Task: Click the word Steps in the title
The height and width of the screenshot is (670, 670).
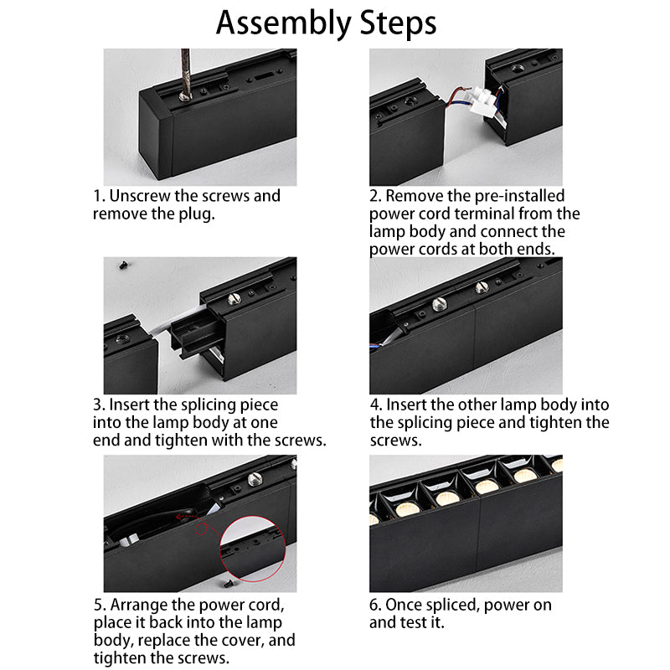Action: pos(399,23)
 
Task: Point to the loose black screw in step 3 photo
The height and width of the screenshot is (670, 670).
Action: pos(123,265)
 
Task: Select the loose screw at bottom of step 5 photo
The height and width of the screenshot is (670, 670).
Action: pos(227,582)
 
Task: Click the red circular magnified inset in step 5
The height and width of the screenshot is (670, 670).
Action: pos(253,549)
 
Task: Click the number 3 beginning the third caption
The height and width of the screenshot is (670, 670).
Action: pos(97,405)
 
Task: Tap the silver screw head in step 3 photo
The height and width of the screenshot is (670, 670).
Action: pos(234,299)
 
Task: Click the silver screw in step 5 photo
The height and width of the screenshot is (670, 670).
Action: pos(255,478)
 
